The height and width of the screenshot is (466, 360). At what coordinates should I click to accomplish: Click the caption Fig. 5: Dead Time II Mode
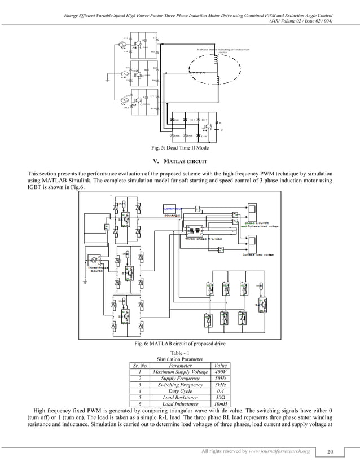[x=179, y=148]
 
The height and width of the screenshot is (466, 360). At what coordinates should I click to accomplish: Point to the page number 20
[x=331, y=451]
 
